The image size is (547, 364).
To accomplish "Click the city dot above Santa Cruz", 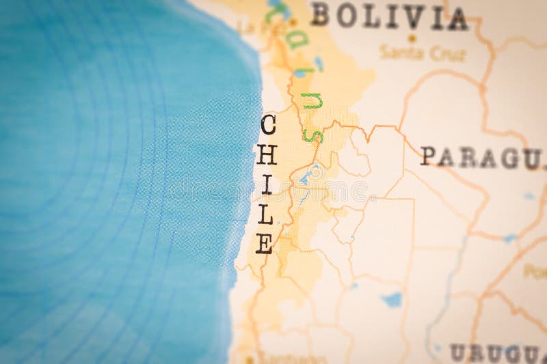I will click(412, 39).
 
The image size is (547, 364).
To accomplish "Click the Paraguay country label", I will click(481, 157).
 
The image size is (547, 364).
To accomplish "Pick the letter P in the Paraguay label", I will click(428, 156).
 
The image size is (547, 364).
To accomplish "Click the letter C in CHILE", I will click(267, 125).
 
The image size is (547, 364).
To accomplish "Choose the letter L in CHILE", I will click(265, 214).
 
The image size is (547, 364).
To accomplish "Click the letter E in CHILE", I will click(264, 243).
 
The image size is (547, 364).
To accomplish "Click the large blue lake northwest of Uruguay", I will click(392, 299).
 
